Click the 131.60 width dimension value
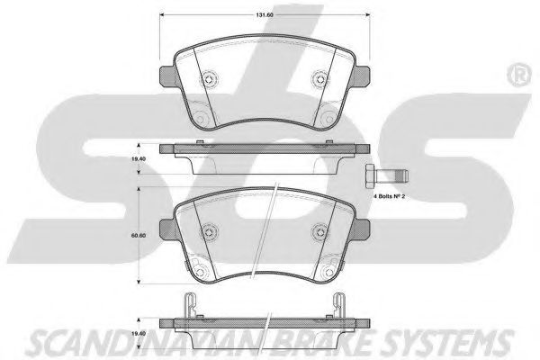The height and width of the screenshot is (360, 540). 264,15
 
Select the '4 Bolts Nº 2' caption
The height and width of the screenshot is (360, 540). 389,197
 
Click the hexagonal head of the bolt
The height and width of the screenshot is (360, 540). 370,175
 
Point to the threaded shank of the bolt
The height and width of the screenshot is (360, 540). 391,175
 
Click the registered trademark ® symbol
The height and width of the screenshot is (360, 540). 519,75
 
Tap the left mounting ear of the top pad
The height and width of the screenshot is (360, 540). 167,76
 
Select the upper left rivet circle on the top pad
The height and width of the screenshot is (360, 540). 209,79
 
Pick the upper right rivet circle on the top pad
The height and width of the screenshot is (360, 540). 320,79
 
